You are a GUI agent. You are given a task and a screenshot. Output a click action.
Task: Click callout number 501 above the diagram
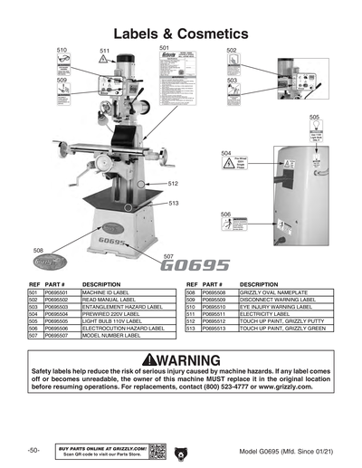(x=164, y=47)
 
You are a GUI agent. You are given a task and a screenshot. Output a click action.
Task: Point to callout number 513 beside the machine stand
(x=173, y=204)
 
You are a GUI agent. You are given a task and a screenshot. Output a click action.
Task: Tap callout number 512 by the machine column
(x=173, y=184)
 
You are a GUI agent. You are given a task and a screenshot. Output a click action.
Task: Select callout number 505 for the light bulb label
(x=314, y=118)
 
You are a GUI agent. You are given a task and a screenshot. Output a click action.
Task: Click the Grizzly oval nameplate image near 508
(x=51, y=263)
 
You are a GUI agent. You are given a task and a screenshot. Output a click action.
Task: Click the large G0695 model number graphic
(x=196, y=266)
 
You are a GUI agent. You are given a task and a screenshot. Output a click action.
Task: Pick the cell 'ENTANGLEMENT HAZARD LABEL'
(x=122, y=307)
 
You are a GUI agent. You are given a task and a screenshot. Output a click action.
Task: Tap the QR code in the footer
(x=157, y=450)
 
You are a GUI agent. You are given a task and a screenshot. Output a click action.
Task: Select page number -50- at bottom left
(x=33, y=450)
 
